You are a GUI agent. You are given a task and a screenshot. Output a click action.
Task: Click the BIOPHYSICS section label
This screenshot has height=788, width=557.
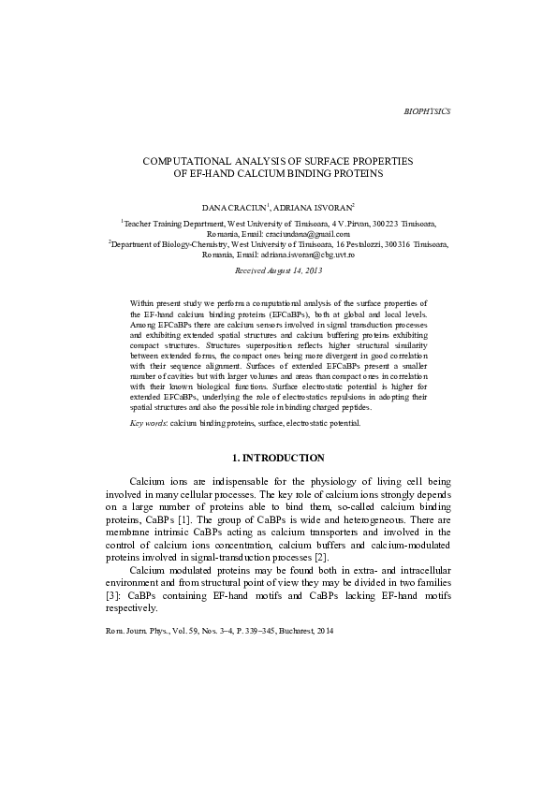point(426,111)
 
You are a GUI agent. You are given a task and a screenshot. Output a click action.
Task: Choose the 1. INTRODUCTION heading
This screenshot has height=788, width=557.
point(278,458)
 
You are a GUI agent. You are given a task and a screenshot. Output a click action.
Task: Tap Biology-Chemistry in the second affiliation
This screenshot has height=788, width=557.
point(191,244)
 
